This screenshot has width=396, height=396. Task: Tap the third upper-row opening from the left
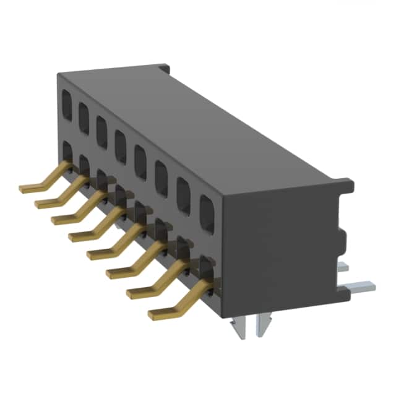click(x=101, y=127)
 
